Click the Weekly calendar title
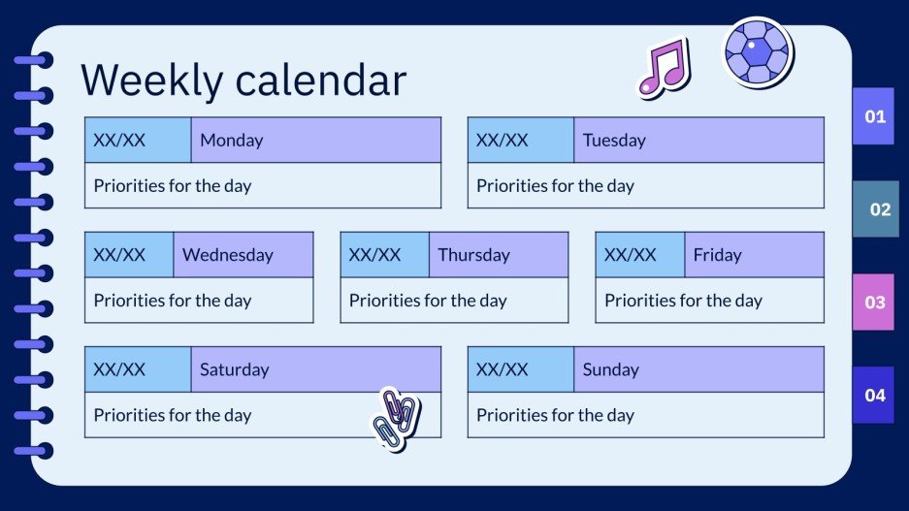point(243,80)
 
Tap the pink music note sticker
point(663,67)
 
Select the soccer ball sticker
point(758,50)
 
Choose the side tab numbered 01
point(874,116)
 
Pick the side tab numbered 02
point(879,208)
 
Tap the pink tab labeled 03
point(874,302)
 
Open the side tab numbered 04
point(874,395)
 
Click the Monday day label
point(231,140)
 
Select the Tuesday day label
point(614,140)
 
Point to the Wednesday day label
point(228,255)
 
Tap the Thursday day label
point(473,255)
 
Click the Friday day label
point(717,255)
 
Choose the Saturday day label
point(234,369)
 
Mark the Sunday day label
point(610,369)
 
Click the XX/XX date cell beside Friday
point(631,255)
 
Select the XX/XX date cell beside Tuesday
point(503,140)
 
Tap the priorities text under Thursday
point(428,301)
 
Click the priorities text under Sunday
point(555,415)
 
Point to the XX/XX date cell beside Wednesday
point(119,255)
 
